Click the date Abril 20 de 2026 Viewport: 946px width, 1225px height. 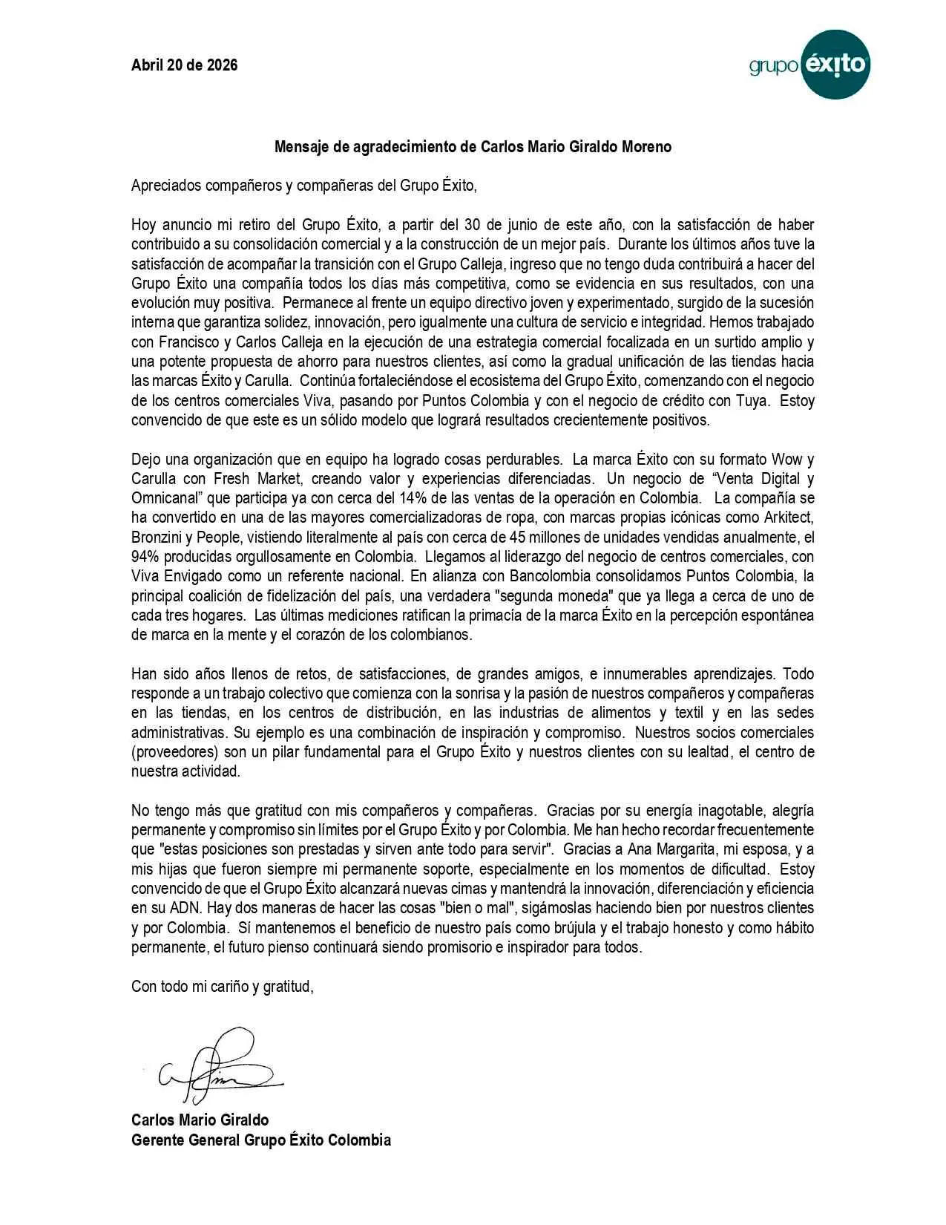184,65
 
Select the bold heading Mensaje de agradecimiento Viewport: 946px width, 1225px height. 473,147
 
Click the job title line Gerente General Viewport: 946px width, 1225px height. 260,1140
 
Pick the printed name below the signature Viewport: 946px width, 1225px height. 200,1120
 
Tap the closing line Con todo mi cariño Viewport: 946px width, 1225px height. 223,987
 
